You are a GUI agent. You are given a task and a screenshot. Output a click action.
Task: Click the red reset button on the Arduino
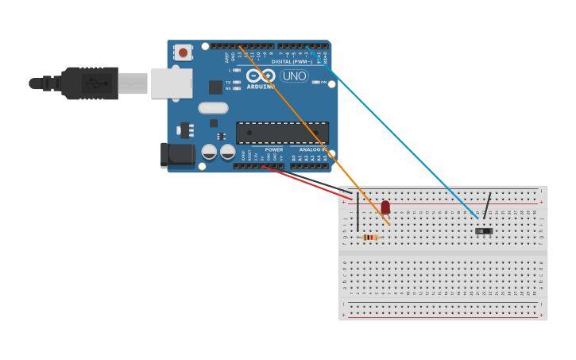184,53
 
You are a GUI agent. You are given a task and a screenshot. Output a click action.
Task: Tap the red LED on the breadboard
385,207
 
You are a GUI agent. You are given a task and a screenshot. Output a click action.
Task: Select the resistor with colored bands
370,237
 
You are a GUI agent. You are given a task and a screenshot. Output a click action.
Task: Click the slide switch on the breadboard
484,231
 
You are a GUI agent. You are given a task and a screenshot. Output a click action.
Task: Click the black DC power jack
176,155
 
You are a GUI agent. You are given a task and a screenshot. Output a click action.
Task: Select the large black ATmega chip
282,133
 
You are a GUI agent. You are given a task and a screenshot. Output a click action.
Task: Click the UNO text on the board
294,76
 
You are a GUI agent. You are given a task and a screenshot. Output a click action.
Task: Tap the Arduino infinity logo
260,75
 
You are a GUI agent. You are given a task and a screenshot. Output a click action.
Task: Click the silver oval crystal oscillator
213,108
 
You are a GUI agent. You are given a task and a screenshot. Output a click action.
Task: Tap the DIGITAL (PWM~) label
293,61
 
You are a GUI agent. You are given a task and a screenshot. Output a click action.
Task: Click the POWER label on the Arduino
273,149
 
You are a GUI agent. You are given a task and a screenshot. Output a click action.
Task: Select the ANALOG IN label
311,149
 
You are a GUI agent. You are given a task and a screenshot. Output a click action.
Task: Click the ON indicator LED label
323,82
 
